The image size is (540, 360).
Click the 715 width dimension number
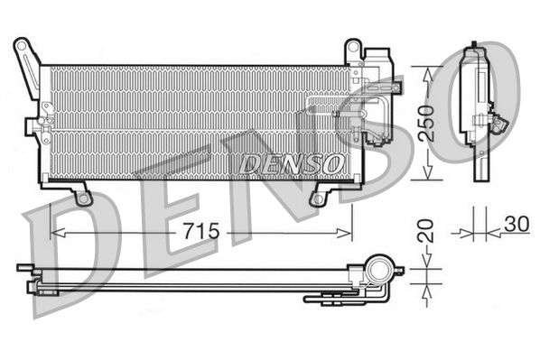(x=200, y=232)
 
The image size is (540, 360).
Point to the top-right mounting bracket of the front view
(x=354, y=51)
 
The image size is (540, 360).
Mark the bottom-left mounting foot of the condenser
(x=82, y=194)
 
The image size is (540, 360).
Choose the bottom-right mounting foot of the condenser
(x=318, y=194)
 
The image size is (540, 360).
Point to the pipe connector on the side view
(x=496, y=122)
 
